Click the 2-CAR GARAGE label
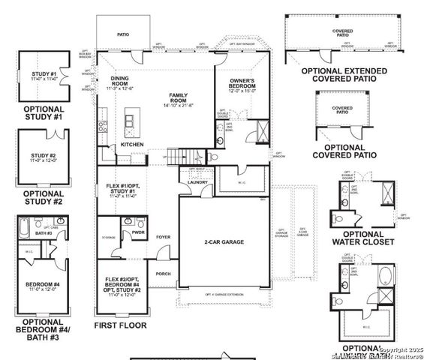click(x=221, y=242)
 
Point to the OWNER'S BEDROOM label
click(x=242, y=83)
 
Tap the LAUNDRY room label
click(x=197, y=181)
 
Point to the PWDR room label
click(x=138, y=233)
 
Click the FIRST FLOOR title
click(x=120, y=326)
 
